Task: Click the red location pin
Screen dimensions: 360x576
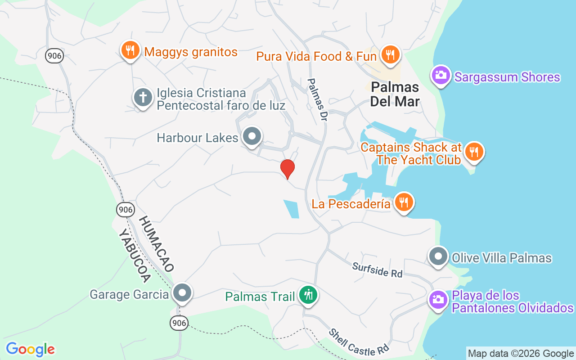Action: [x=288, y=169]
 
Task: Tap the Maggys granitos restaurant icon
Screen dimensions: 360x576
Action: [x=130, y=50]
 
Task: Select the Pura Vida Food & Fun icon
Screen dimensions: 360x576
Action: [x=390, y=55]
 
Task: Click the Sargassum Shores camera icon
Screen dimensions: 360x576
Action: [x=441, y=75]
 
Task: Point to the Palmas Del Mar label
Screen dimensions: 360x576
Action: [x=395, y=94]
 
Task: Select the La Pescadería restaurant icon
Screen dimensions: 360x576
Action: [x=404, y=202]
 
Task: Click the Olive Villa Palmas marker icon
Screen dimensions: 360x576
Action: [x=438, y=256]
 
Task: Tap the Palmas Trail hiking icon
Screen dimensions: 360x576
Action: [x=308, y=296]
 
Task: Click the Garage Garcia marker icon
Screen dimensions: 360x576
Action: [x=182, y=293]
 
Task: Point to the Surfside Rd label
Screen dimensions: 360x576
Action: [x=377, y=270]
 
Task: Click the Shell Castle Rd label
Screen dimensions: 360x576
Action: [x=358, y=342]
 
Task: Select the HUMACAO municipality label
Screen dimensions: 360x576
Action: [x=156, y=243]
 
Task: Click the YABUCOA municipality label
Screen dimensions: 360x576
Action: [x=134, y=256]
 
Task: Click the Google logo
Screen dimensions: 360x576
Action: [x=30, y=349]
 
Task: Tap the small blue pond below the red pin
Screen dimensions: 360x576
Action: [x=292, y=209]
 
